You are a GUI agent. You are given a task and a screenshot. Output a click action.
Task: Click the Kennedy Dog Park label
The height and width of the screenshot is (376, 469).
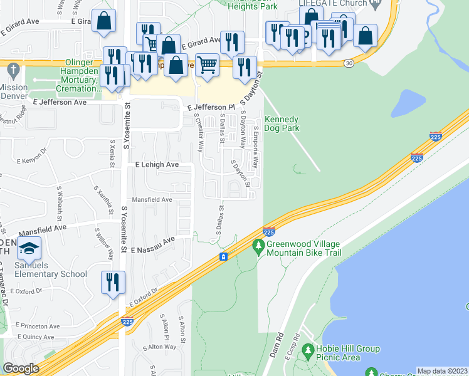(282, 123)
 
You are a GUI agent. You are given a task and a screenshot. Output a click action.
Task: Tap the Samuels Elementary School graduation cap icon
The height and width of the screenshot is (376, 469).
(29, 249)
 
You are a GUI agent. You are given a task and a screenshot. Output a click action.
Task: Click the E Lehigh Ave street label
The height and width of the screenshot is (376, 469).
(157, 164)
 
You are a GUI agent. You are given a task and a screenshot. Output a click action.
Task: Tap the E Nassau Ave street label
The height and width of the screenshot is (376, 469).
(151, 241)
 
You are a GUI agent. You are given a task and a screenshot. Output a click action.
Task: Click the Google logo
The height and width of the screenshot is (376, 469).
(21, 368)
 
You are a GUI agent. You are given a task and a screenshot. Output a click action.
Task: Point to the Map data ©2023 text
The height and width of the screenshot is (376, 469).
(442, 371)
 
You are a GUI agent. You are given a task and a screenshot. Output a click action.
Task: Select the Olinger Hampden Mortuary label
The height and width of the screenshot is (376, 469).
(69, 80)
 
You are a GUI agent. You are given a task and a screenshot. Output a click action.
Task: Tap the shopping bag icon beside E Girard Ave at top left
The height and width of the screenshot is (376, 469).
(103, 21)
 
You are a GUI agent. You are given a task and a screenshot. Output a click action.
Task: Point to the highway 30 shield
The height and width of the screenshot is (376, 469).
(348, 63)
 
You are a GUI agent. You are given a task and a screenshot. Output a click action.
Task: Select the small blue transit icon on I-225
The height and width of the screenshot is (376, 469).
(223, 257)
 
